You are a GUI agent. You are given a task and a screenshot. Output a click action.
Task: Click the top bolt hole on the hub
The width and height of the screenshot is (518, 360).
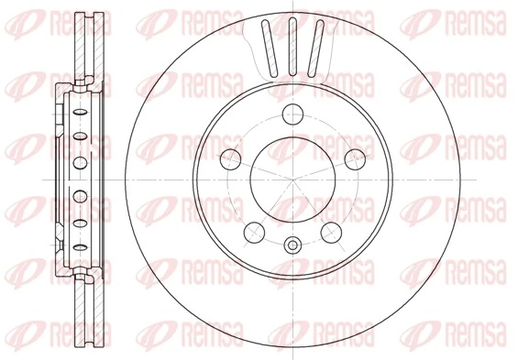[x=292, y=115]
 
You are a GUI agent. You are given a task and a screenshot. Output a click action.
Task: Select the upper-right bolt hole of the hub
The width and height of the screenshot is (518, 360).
[x=351, y=158]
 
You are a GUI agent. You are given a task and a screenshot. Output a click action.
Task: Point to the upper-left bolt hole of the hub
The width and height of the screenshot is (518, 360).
[x=232, y=158]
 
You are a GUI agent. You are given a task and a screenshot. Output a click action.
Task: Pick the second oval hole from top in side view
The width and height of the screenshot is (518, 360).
[x=79, y=136]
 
